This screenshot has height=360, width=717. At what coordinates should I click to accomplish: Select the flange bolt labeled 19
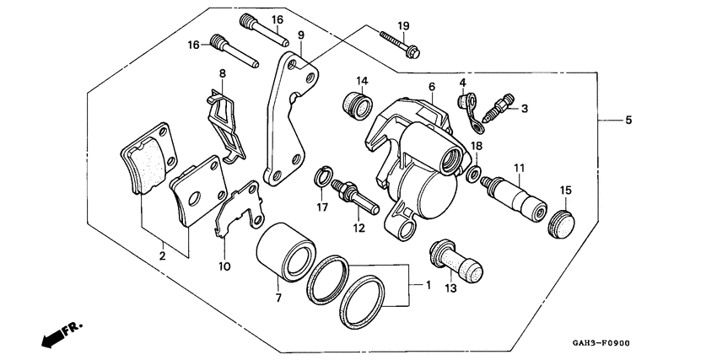pos(397,45)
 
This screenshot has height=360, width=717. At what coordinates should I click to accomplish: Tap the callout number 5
pos(628,121)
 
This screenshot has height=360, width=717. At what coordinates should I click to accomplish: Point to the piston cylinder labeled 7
pos(283,251)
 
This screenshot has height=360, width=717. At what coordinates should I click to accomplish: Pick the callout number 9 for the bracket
pos(301,35)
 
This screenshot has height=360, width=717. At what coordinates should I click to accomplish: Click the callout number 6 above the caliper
pos(431,87)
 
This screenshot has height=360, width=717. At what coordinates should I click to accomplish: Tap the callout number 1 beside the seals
pos(428,286)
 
